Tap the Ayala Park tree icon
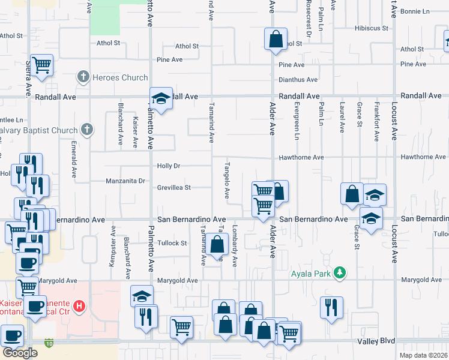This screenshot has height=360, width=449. [340, 273]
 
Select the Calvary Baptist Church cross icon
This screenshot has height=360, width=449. [87, 130]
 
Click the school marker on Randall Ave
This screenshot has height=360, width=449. [161, 98]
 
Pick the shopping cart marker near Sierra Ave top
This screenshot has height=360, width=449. [41, 65]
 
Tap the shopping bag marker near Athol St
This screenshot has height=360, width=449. [276, 40]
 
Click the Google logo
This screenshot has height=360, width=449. [20, 353]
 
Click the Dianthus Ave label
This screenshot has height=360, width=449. [298, 80]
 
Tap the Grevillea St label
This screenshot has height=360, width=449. [175, 187]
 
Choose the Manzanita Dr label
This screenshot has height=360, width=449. [125, 181]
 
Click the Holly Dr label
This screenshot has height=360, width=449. [169, 166]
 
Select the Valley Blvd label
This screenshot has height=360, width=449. [379, 341]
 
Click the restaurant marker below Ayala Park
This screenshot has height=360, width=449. [331, 307]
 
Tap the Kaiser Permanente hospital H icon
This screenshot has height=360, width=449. [79, 308]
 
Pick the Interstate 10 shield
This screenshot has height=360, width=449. [49, 343]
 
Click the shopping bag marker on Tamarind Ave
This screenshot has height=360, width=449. [219, 245]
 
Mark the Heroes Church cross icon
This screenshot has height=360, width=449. [83, 77]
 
